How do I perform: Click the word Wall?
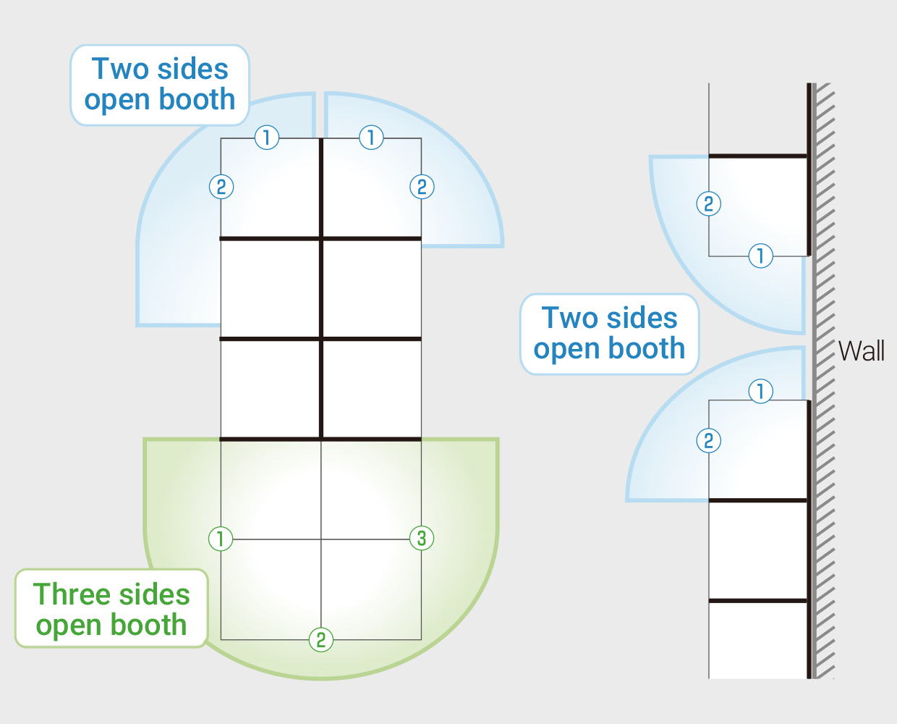[861, 351]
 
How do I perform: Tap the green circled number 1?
[221, 539]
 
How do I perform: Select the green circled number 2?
[321, 640]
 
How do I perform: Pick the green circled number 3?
[422, 538]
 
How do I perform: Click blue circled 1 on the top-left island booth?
[267, 138]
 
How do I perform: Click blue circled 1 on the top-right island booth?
[371, 138]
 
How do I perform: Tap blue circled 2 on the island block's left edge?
[221, 187]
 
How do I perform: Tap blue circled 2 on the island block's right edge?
[422, 187]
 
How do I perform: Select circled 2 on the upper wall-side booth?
[709, 203]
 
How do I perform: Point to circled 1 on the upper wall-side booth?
[761, 256]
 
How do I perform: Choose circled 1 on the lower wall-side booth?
[761, 391]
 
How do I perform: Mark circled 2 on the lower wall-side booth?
[709, 440]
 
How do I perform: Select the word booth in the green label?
[148, 625]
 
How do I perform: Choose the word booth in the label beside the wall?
[647, 348]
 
